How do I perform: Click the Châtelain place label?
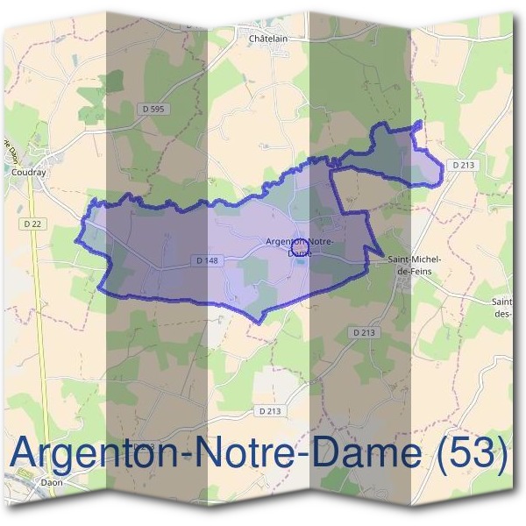(x=268, y=39)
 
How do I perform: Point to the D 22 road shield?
(x=33, y=224)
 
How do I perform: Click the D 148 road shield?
(x=206, y=260)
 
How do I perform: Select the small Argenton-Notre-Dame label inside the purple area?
(x=299, y=246)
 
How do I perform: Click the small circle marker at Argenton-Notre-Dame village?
(x=298, y=245)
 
